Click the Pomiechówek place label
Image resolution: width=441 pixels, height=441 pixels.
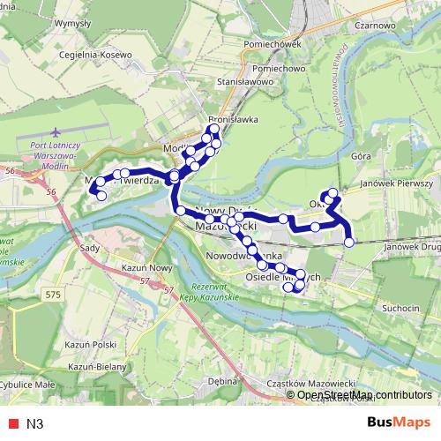pyautogui.click(x=275, y=43)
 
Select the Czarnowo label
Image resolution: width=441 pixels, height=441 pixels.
pyautogui.click(x=373, y=26)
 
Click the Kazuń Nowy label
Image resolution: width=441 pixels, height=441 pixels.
pyautogui.click(x=146, y=266)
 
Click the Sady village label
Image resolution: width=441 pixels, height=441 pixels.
pyautogui.click(x=89, y=250)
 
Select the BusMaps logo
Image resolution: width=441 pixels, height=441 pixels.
pyautogui.click(x=399, y=422)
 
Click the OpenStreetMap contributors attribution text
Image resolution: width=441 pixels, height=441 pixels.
pyautogui.click(x=363, y=395)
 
